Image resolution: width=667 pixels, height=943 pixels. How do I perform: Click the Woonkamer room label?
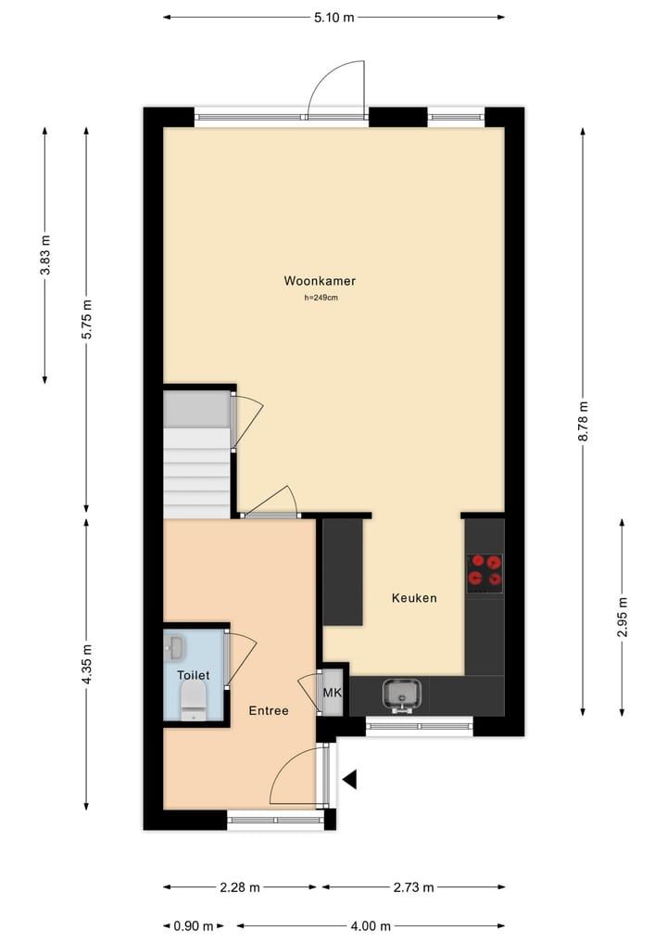(320, 281)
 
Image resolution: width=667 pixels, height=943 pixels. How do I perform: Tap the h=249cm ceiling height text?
(320, 298)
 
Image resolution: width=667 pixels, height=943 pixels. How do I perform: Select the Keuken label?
(413, 598)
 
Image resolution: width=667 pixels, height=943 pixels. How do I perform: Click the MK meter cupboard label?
(332, 693)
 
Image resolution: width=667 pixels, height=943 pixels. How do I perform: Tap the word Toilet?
(194, 676)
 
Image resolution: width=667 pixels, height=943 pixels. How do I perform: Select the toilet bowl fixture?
(194, 700)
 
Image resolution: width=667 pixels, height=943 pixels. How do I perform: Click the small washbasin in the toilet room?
(175, 644)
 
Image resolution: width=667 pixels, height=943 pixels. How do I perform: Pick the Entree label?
(269, 711)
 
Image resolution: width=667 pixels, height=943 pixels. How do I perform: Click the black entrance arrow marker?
(349, 780)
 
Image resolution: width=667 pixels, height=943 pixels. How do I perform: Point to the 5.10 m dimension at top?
(333, 17)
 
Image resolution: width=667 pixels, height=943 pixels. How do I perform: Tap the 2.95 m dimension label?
(623, 617)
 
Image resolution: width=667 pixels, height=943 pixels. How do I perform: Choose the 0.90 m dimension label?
(194, 925)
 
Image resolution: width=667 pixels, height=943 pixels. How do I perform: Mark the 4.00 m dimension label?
(371, 925)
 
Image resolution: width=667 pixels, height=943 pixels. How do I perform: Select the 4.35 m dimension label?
(87, 664)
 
